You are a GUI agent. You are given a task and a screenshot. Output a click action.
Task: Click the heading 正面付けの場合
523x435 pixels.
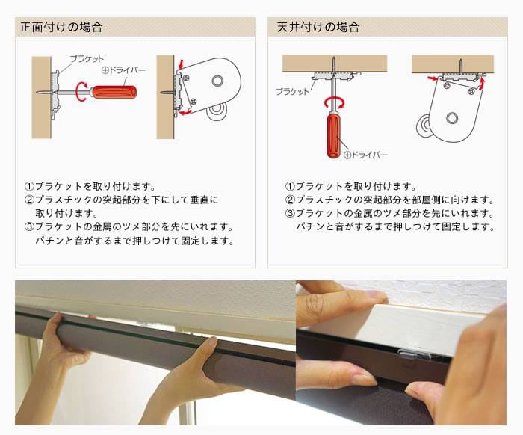tap(61, 27)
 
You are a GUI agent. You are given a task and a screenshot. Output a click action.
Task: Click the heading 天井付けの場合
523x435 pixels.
tap(318, 27)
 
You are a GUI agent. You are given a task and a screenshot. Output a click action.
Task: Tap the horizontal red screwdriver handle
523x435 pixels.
tap(114, 92)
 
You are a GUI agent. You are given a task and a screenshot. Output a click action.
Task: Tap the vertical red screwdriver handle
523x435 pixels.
tap(334, 135)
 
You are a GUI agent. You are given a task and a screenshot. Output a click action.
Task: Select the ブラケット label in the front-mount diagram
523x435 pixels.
tap(87, 59)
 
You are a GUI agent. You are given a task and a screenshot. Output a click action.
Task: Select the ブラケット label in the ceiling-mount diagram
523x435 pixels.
tap(293, 91)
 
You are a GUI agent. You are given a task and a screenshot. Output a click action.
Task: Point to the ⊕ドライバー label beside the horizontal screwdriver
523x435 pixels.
tap(123, 70)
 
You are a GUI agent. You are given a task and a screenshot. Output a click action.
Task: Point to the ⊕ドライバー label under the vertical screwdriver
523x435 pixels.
tap(365, 155)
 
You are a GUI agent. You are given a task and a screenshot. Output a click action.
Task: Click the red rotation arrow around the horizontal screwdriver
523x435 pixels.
tap(80, 91)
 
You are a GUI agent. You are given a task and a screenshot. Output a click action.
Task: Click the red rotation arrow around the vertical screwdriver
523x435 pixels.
tap(334, 102)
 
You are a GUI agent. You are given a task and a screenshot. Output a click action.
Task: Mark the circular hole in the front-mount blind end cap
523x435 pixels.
tap(217, 81)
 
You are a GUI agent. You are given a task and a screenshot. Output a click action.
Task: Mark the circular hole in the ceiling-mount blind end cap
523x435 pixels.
tap(452, 118)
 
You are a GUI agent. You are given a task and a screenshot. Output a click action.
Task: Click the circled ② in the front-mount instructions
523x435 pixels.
tap(29, 200)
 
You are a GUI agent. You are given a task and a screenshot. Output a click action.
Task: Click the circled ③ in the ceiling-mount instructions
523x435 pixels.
tap(290, 213)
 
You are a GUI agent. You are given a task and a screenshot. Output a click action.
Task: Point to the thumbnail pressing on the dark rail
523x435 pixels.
tap(365, 380)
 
